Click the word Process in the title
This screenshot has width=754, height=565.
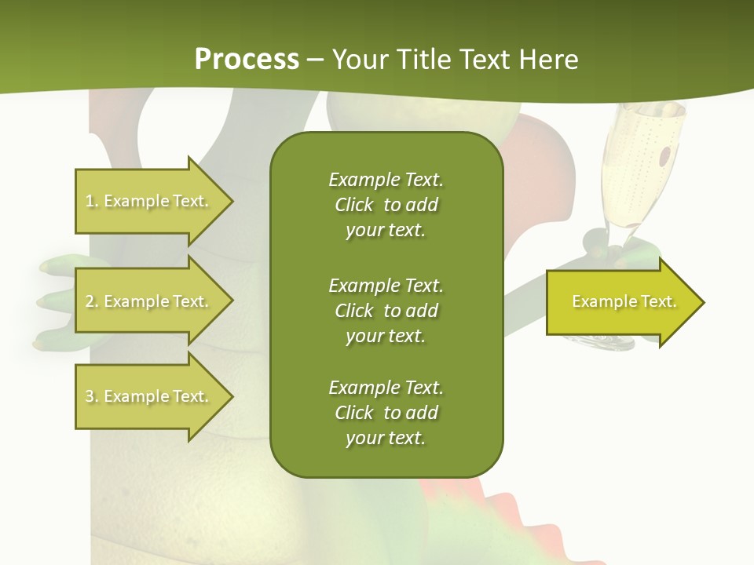(247, 60)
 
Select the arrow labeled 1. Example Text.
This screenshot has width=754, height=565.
(149, 201)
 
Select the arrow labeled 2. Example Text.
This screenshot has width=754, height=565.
(149, 301)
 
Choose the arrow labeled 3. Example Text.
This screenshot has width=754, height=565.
(149, 396)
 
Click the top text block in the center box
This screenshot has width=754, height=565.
(386, 205)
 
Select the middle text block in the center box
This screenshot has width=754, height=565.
(386, 311)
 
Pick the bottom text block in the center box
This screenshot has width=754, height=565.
(386, 413)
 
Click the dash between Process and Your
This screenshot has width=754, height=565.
(316, 60)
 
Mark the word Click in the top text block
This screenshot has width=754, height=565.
(354, 205)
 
